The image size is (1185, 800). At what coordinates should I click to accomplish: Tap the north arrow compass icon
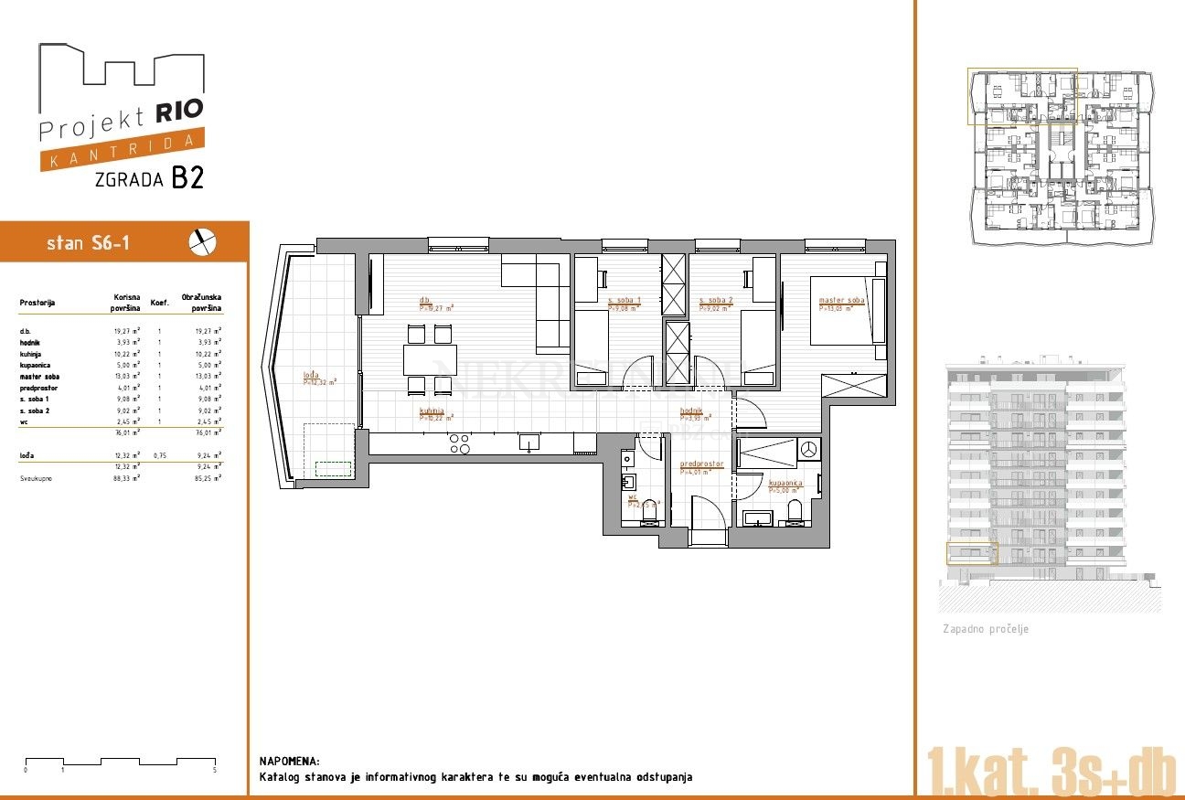[203, 241]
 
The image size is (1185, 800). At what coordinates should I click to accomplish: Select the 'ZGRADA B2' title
[149, 178]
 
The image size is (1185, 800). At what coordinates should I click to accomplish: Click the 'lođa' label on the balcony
[313, 375]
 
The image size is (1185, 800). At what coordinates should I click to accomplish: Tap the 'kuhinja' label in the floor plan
[432, 411]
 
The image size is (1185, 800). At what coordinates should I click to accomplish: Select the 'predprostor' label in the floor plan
[701, 464]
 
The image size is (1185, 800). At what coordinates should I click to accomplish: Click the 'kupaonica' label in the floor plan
[786, 482]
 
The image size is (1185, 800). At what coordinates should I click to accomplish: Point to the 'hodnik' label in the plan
[690, 411]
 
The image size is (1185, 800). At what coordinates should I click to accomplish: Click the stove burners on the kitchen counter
[460, 443]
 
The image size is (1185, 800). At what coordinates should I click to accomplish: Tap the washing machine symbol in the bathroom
[808, 449]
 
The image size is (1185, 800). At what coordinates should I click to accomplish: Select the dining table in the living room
[430, 359]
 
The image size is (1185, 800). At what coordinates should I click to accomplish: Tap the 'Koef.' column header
[159, 303]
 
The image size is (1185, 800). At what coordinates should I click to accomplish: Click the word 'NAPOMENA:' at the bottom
[290, 761]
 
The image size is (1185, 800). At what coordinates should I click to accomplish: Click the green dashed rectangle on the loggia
[333, 469]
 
